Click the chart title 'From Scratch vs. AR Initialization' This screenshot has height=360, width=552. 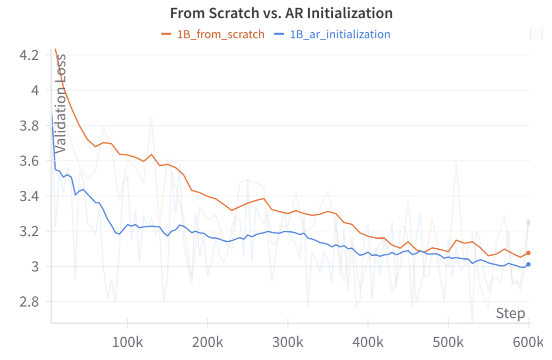[281, 13]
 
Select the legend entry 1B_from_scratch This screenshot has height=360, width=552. [220, 34]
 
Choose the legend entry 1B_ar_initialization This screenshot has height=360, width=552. [340, 34]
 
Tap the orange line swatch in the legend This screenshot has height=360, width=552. [167, 34]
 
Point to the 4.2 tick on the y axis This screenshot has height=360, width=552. [28, 55]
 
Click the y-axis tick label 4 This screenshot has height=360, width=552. [35, 91]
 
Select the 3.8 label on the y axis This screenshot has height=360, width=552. [28, 126]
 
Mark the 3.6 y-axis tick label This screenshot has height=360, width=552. [28, 161]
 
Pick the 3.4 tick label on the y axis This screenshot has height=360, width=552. [28, 196]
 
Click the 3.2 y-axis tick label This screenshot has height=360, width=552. [28, 231]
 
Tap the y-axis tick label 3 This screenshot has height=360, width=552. [35, 267]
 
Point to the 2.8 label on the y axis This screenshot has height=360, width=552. [28, 302]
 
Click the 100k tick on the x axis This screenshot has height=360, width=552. [127, 342]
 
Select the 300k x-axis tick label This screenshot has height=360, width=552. [287, 342]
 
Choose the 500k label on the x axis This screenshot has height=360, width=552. [448, 342]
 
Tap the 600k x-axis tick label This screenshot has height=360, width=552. [528, 342]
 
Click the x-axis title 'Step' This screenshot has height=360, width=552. [510, 313]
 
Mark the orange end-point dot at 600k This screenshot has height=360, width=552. [528, 253]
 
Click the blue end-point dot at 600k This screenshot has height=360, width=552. [528, 264]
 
